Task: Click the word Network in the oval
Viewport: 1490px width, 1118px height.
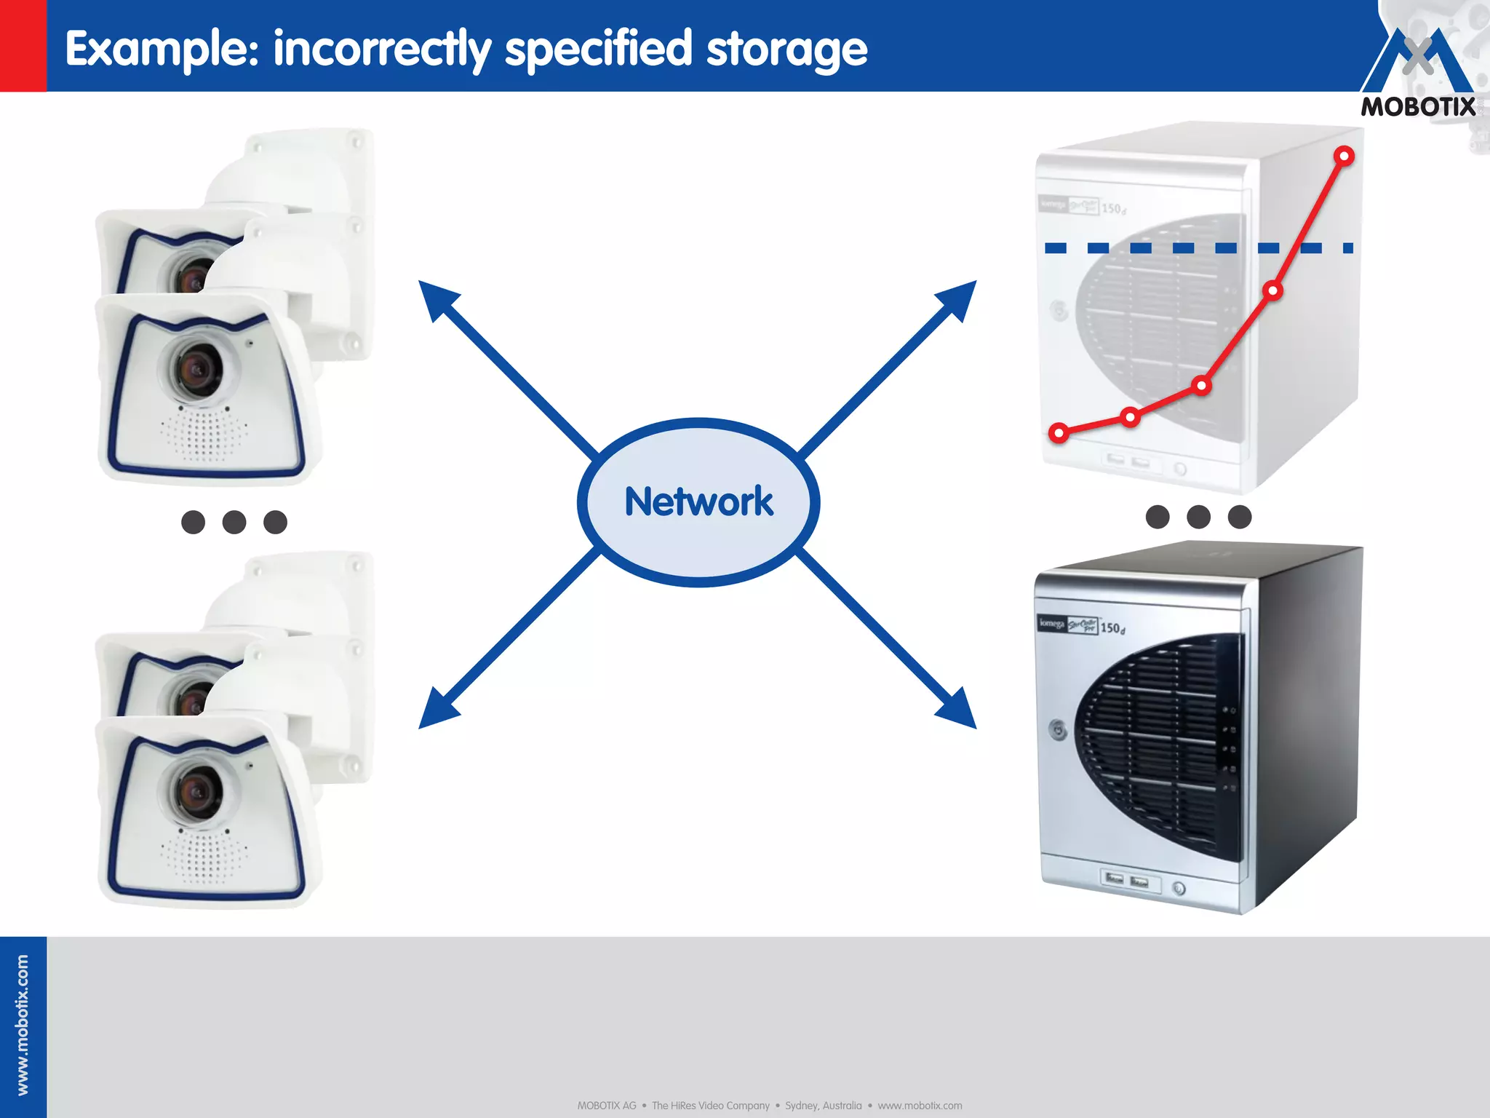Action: pyautogui.click(x=698, y=502)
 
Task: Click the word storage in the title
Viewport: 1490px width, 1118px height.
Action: pyautogui.click(x=786, y=49)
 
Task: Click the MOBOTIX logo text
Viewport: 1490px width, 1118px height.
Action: pyautogui.click(x=1418, y=107)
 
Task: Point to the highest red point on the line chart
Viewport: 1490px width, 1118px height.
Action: pyautogui.click(x=1344, y=156)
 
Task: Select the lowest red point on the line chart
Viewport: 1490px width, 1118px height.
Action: pyautogui.click(x=1059, y=433)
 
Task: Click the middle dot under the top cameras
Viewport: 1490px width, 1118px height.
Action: pyautogui.click(x=234, y=522)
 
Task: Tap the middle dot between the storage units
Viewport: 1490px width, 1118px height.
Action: pyautogui.click(x=1198, y=517)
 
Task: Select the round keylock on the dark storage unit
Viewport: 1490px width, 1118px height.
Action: pyautogui.click(x=1058, y=729)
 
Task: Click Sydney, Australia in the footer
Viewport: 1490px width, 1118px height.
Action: pyautogui.click(x=823, y=1106)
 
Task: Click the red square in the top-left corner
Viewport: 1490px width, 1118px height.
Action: pyautogui.click(x=23, y=45)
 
